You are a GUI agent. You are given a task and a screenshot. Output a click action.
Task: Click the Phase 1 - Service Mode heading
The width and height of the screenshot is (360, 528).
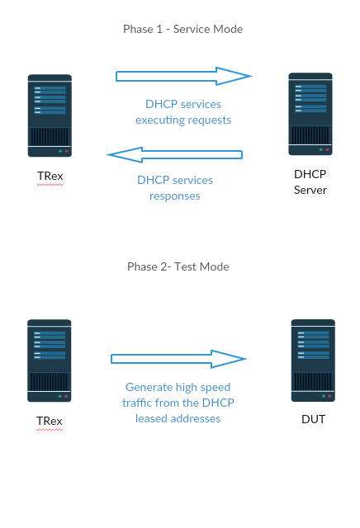[x=182, y=30]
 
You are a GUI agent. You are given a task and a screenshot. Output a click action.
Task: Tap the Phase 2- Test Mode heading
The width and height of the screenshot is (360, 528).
[x=178, y=266]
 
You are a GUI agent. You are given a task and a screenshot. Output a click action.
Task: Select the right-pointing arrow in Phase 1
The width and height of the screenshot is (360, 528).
[x=183, y=76]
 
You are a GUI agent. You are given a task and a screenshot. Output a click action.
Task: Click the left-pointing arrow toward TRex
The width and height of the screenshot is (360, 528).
[x=174, y=155]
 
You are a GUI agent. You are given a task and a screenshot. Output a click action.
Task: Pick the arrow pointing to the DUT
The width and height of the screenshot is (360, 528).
[x=178, y=359]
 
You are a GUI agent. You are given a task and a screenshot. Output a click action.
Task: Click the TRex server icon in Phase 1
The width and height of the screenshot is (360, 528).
[x=50, y=115]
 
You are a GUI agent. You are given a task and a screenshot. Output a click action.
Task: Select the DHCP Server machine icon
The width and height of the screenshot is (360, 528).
[x=310, y=114]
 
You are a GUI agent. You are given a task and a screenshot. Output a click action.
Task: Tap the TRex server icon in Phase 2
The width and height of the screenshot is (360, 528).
[x=50, y=361]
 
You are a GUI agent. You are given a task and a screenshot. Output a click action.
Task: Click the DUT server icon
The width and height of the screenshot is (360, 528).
[x=313, y=361]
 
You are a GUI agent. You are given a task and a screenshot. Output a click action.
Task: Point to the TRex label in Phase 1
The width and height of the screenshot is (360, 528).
[x=50, y=176]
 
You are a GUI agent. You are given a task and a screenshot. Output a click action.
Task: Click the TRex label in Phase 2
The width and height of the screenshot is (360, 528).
[x=50, y=421]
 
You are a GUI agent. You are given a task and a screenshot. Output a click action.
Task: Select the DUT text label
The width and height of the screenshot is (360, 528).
[x=313, y=419]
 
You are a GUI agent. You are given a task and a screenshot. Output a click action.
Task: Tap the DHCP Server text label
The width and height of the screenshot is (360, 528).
[x=310, y=181]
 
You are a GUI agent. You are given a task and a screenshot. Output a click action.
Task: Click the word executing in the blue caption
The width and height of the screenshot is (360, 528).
[x=157, y=120]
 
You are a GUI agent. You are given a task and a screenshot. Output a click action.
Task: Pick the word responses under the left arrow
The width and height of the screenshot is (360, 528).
[x=174, y=196]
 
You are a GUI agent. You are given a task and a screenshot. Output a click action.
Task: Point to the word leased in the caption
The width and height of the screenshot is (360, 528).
[x=151, y=418]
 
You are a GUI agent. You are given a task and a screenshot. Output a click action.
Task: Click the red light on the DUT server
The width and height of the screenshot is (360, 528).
[x=329, y=396]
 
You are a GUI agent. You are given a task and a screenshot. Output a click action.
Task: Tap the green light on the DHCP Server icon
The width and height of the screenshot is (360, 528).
[x=321, y=149]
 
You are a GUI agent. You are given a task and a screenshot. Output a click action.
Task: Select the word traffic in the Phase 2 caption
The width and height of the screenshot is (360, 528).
[x=137, y=403]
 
